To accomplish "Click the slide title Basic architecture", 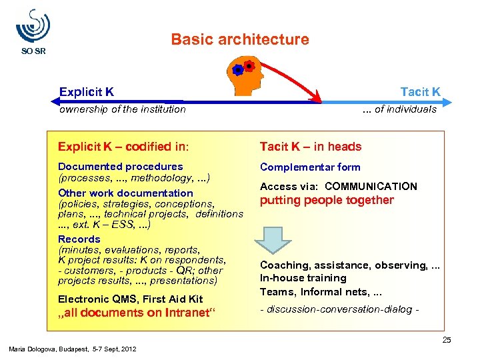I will (x=240, y=39).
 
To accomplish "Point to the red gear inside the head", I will (x=249, y=65).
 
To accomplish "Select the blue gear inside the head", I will (x=237, y=70).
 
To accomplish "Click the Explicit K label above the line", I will (x=86, y=91).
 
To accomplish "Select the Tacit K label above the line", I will (x=420, y=91).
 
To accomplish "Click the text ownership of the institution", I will (x=122, y=109).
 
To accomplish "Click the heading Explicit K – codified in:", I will (x=123, y=147).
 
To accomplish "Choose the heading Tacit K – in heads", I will (x=311, y=147).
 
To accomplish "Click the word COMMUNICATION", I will (x=371, y=187).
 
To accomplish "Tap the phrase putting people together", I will (x=327, y=200).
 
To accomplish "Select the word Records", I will (x=79, y=239).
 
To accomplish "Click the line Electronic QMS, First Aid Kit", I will (x=130, y=299).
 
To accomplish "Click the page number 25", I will (x=446, y=341).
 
